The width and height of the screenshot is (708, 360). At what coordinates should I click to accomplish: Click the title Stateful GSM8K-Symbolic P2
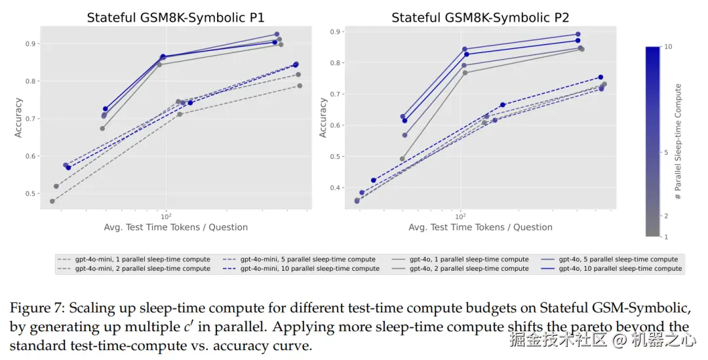[481, 18]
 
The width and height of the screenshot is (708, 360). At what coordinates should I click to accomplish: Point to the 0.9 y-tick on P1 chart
[29, 44]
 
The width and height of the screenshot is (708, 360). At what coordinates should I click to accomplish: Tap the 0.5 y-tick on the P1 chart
[29, 194]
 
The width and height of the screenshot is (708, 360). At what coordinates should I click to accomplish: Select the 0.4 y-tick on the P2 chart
[334, 188]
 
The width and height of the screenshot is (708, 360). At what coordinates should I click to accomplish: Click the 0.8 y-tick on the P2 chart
[334, 63]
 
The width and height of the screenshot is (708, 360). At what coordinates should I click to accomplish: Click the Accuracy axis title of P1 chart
[18, 117]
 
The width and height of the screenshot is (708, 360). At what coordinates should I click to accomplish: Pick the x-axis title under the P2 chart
[481, 228]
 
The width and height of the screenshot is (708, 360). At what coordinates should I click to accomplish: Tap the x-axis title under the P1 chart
[176, 228]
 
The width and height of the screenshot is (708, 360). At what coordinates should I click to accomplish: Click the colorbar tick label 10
[668, 47]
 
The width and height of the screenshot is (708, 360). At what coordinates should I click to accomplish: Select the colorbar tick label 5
[666, 153]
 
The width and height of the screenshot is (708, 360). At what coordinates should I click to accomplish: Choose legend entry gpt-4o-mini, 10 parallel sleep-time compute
[301, 269]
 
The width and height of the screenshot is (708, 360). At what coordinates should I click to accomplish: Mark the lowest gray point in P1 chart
[52, 201]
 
